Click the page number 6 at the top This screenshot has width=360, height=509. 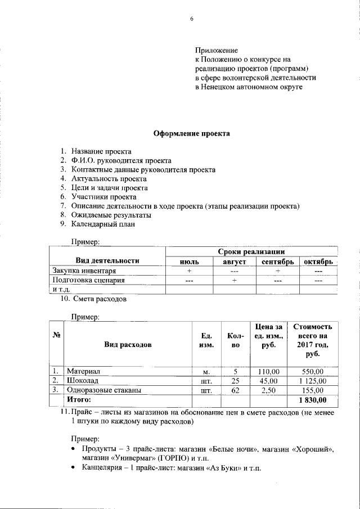(191, 19)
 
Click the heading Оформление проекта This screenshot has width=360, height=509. (192, 134)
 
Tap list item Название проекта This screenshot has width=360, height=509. (101, 151)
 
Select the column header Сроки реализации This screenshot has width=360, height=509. (251, 251)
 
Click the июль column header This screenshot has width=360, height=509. (189, 262)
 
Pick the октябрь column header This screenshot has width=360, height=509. (319, 262)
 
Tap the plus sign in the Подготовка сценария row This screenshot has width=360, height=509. (234, 280)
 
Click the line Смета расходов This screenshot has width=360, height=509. (98, 299)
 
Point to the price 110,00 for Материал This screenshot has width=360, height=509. (268, 372)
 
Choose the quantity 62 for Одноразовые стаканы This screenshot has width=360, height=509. (236, 390)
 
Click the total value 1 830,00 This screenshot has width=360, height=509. (312, 400)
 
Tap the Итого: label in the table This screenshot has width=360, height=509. (79, 399)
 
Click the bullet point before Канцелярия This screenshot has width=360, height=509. (74, 468)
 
